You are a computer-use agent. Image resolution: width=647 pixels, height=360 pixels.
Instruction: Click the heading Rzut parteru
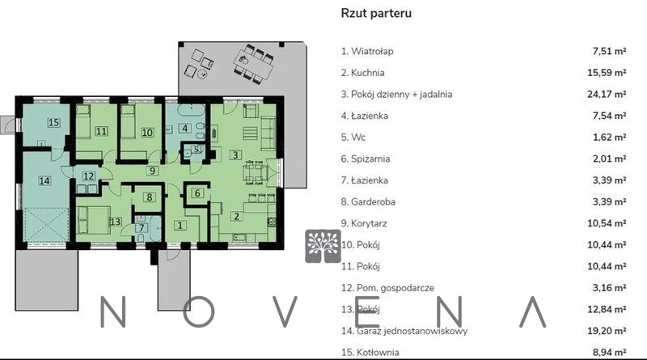pos(376,13)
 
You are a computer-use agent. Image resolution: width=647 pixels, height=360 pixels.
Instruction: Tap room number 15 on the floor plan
pos(53,123)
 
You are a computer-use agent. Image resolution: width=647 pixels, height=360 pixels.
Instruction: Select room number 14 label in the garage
pos(44,180)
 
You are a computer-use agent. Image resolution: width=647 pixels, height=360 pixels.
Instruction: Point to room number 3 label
pos(235,155)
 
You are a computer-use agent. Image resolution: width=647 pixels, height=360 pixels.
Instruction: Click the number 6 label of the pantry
pos(197,193)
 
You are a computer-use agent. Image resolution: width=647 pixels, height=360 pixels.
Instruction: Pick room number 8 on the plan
pos(150,197)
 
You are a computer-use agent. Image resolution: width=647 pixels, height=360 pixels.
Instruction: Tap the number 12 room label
pos(89,176)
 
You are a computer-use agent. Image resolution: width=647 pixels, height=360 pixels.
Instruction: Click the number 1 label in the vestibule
pos(180,226)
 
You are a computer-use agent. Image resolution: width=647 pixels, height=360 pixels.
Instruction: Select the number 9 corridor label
pos(152,171)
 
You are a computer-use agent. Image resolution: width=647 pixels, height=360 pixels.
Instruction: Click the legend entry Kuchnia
pos(362,73)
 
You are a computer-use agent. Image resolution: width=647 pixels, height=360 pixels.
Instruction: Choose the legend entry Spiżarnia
pos(366,159)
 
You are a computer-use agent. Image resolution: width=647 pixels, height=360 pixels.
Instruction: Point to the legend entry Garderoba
pos(368,202)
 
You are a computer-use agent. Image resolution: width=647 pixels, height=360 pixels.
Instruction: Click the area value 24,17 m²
pos(607,94)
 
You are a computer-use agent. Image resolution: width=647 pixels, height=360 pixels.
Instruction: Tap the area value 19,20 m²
pos(607,331)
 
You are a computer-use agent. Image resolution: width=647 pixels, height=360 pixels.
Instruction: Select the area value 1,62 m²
pos(610,137)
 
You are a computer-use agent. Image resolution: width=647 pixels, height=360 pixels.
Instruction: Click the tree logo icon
pos(323,247)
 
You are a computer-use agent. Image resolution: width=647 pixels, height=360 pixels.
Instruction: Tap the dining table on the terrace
pos(253,64)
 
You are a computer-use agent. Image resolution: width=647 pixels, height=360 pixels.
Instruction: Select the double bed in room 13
pos(93,220)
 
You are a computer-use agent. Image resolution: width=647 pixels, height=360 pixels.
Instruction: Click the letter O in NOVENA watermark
pos(198,311)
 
